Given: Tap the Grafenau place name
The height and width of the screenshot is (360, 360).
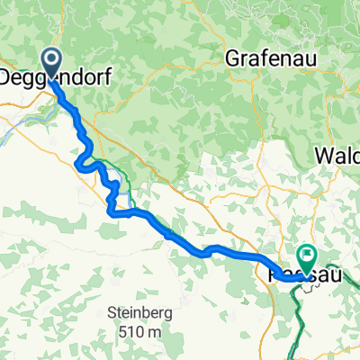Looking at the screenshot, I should (x=265, y=56).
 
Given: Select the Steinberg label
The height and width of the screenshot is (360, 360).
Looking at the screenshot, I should (x=139, y=314).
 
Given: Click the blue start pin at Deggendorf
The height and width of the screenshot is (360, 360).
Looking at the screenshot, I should (x=49, y=63).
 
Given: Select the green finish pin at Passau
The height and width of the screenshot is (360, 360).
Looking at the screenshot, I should (x=307, y=258).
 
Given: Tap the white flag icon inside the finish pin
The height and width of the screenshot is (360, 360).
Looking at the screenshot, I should (x=307, y=256).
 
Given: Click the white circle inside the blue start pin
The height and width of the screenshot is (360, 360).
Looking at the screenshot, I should (x=49, y=59).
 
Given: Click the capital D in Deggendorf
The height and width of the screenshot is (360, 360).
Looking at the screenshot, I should (x=7, y=78).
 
